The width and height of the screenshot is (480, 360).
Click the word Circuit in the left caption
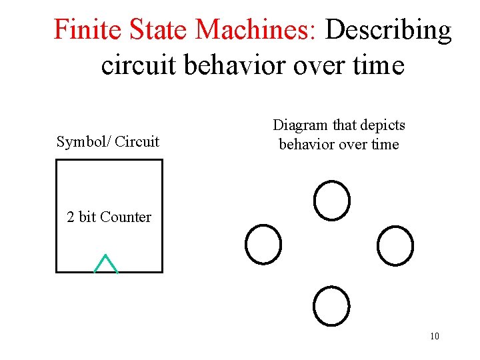click(137, 141)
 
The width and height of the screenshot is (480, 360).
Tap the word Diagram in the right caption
click(300, 125)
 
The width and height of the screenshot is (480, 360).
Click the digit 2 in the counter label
click(71, 217)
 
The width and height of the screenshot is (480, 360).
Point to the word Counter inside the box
click(125, 217)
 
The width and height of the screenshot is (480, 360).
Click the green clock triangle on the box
click(106, 265)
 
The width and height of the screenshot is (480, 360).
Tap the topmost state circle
click(332, 200)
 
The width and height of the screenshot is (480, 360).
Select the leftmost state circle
click(263, 245)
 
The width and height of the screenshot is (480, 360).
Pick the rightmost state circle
click(395, 245)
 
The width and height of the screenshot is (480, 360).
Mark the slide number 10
click(435, 336)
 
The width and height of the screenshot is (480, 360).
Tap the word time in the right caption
click(385, 145)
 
